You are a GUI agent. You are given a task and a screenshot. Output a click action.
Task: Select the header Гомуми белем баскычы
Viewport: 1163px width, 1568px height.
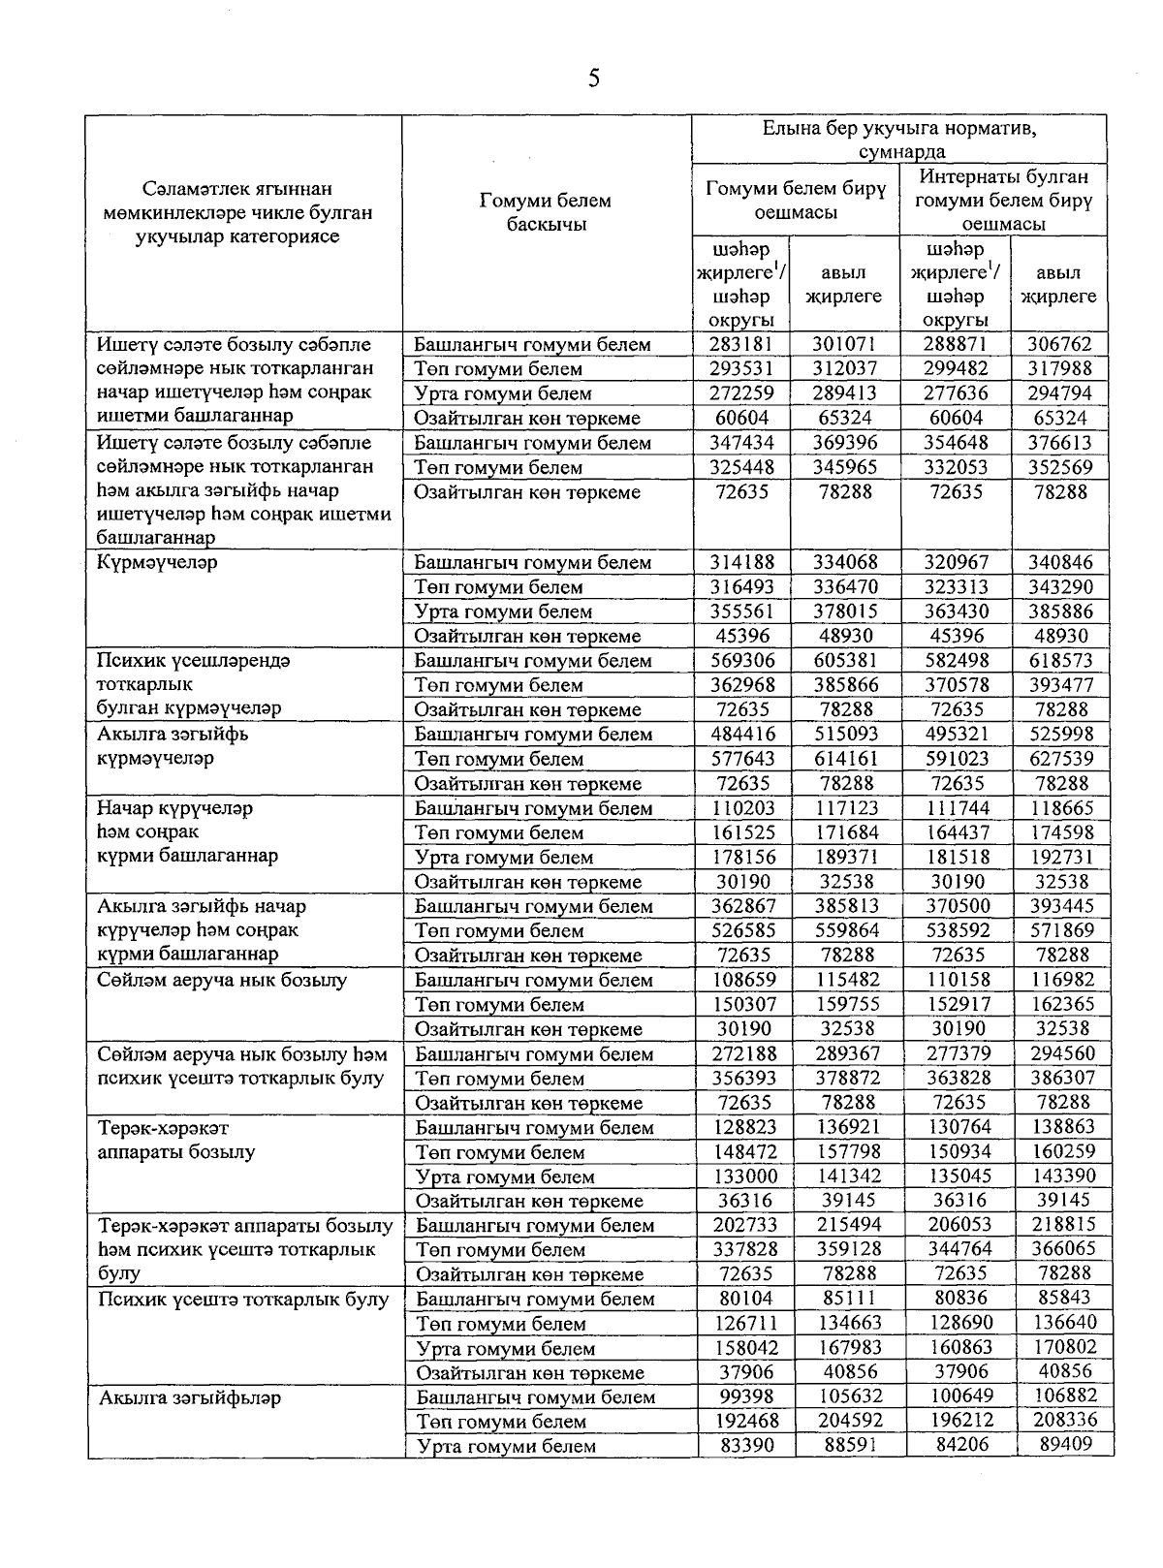click(x=546, y=212)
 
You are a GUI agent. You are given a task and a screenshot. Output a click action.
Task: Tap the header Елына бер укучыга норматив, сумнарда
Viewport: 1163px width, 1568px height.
click(x=898, y=139)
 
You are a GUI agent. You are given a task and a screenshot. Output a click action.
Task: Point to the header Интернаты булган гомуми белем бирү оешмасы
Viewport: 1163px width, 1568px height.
click(x=1003, y=200)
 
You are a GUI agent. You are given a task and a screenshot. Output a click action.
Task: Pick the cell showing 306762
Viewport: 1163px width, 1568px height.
click(x=1059, y=344)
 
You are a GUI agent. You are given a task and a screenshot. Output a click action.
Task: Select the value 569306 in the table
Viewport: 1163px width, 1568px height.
click(x=742, y=660)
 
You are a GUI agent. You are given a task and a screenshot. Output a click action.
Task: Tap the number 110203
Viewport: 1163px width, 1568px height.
click(x=742, y=808)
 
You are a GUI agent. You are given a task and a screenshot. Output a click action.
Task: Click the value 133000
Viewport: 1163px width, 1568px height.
click(x=742, y=1176)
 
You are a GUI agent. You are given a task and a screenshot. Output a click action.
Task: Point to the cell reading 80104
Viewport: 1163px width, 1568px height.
click(x=742, y=1299)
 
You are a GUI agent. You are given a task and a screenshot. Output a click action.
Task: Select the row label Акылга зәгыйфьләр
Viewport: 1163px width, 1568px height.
click(x=190, y=1397)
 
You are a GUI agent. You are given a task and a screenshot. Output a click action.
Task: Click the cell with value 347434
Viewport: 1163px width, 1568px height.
click(x=742, y=443)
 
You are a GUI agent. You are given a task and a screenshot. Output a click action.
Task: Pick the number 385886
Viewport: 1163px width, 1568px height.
click(x=1059, y=612)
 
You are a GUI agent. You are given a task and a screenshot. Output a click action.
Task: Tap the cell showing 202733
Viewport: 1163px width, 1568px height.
click(x=742, y=1225)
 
